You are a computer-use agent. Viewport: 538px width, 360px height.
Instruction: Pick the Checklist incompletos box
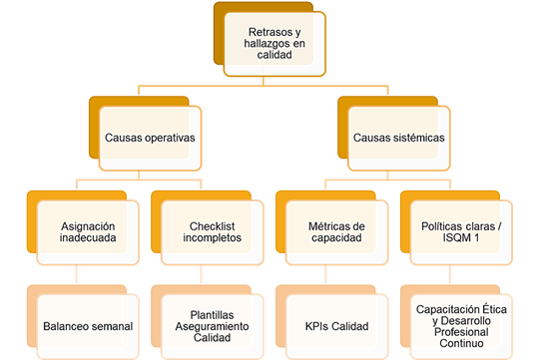[211, 233]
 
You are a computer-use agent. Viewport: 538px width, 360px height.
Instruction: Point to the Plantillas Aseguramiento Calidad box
[211, 326]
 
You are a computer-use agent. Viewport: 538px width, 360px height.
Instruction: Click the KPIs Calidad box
[336, 326]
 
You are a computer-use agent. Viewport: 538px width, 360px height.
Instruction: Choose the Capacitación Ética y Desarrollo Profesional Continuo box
[460, 326]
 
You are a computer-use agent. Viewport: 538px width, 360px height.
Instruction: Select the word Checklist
[211, 226]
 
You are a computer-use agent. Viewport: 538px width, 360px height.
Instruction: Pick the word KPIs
[317, 326]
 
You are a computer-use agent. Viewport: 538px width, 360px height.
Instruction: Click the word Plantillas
[211, 313]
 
